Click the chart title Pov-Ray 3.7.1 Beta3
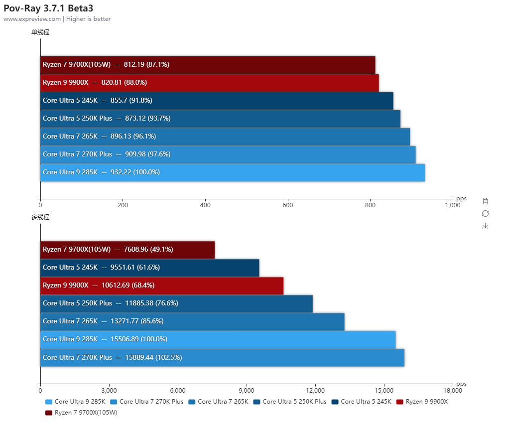coord(48,8)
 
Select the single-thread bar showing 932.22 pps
coord(232,172)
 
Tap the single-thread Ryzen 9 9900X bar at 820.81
coord(209,83)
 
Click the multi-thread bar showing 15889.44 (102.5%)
coord(222,358)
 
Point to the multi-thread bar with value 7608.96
coord(127,250)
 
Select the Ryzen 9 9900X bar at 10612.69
coord(162,286)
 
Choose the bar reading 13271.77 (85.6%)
coord(192,321)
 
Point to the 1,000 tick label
coord(452,205)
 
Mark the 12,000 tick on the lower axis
coord(315,390)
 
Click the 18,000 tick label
coord(452,390)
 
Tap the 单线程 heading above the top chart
coord(40,32)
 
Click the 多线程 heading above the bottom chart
coord(40,217)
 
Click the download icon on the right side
coord(485,226)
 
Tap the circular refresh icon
coord(485,213)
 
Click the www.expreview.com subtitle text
coord(32,19)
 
